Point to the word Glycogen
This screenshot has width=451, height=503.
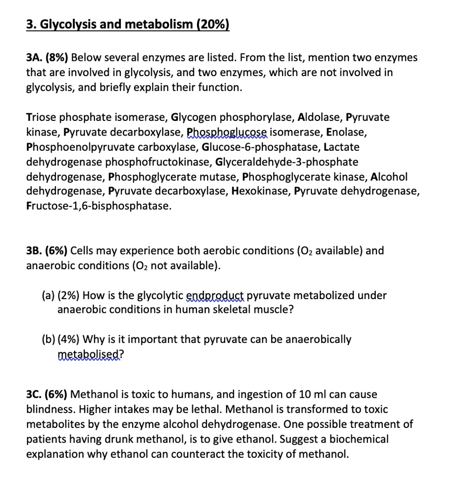(x=194, y=117)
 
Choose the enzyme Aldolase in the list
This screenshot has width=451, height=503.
(x=320, y=117)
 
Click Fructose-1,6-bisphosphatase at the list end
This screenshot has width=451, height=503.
(x=98, y=206)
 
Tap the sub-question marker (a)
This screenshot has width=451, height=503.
(x=48, y=296)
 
